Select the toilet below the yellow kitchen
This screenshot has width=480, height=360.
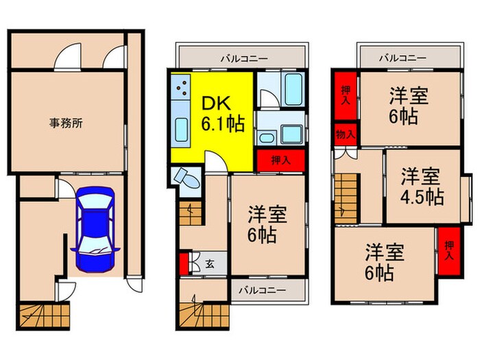coord(187,179)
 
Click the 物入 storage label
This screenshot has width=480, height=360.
coord(344,134)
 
